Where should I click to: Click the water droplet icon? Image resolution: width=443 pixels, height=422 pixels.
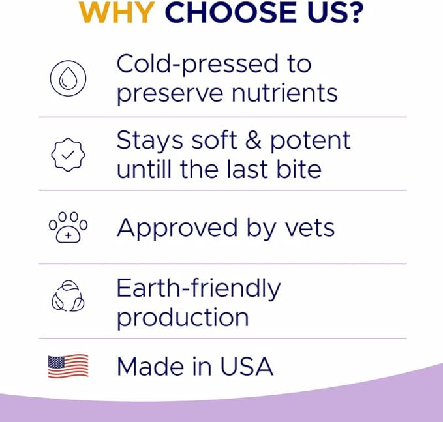click(68, 78)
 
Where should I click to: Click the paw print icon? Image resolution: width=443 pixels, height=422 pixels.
click(68, 228)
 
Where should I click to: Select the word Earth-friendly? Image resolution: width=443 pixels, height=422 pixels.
click(198, 288)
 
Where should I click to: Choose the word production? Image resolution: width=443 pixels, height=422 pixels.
click(183, 318)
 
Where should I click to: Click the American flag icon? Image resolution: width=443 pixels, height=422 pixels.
click(68, 367)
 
